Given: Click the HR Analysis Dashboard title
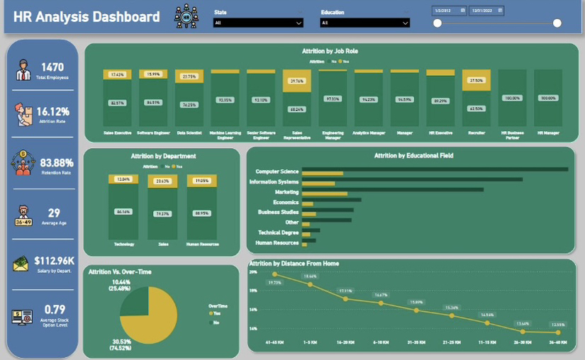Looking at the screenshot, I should (x=87, y=17).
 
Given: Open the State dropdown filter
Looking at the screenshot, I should (x=258, y=23).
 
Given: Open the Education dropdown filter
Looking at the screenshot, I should (x=364, y=23).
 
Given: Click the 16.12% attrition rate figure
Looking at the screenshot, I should (x=53, y=112).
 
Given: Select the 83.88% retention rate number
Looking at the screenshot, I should (x=57, y=162).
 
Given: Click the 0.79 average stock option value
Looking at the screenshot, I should (x=55, y=309).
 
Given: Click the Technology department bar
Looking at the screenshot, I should (x=123, y=206).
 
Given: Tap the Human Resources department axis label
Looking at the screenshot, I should (x=201, y=244).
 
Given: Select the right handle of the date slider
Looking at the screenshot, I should (x=557, y=23).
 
